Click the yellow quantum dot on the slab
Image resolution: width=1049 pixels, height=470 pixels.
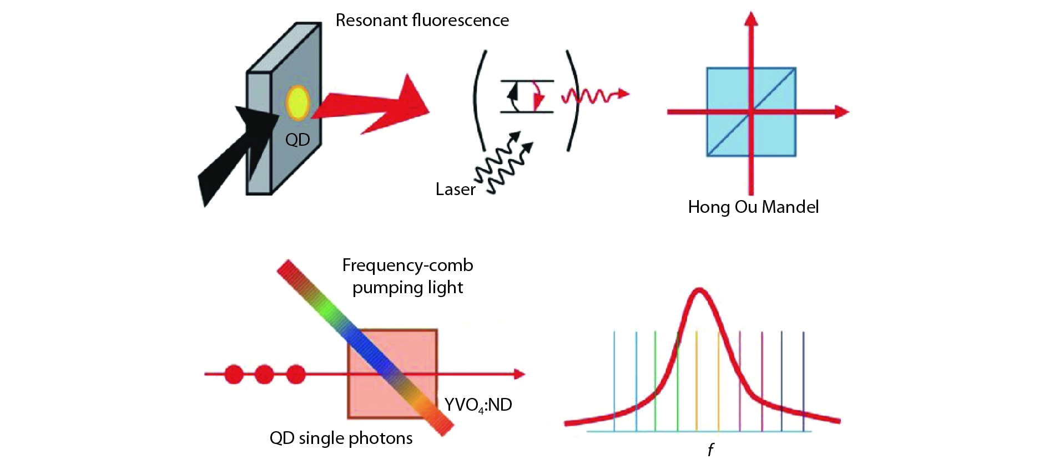coord(297,103)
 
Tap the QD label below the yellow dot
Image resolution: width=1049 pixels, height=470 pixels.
coord(297,140)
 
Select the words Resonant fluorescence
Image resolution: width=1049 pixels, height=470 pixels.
coord(422,21)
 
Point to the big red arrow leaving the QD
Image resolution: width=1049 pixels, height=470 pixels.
coord(377,105)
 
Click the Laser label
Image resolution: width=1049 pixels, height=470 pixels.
coord(455,190)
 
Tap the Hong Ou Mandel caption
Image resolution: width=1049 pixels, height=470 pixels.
coord(753,207)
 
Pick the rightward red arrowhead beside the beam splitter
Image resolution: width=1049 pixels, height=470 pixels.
coord(841,112)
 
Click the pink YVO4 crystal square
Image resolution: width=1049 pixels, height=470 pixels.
coord(411,349)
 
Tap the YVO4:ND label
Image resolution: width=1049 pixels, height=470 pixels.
coord(478,405)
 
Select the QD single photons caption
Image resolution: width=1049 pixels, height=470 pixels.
coord(341,438)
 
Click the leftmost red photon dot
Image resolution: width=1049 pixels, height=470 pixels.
coord(234,375)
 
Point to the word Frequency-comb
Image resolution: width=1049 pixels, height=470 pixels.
coord(407,265)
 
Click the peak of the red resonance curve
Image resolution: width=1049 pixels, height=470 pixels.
coord(699,290)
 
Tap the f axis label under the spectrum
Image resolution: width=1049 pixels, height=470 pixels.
coord(710,449)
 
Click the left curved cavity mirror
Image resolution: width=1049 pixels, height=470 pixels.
coord(478,100)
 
